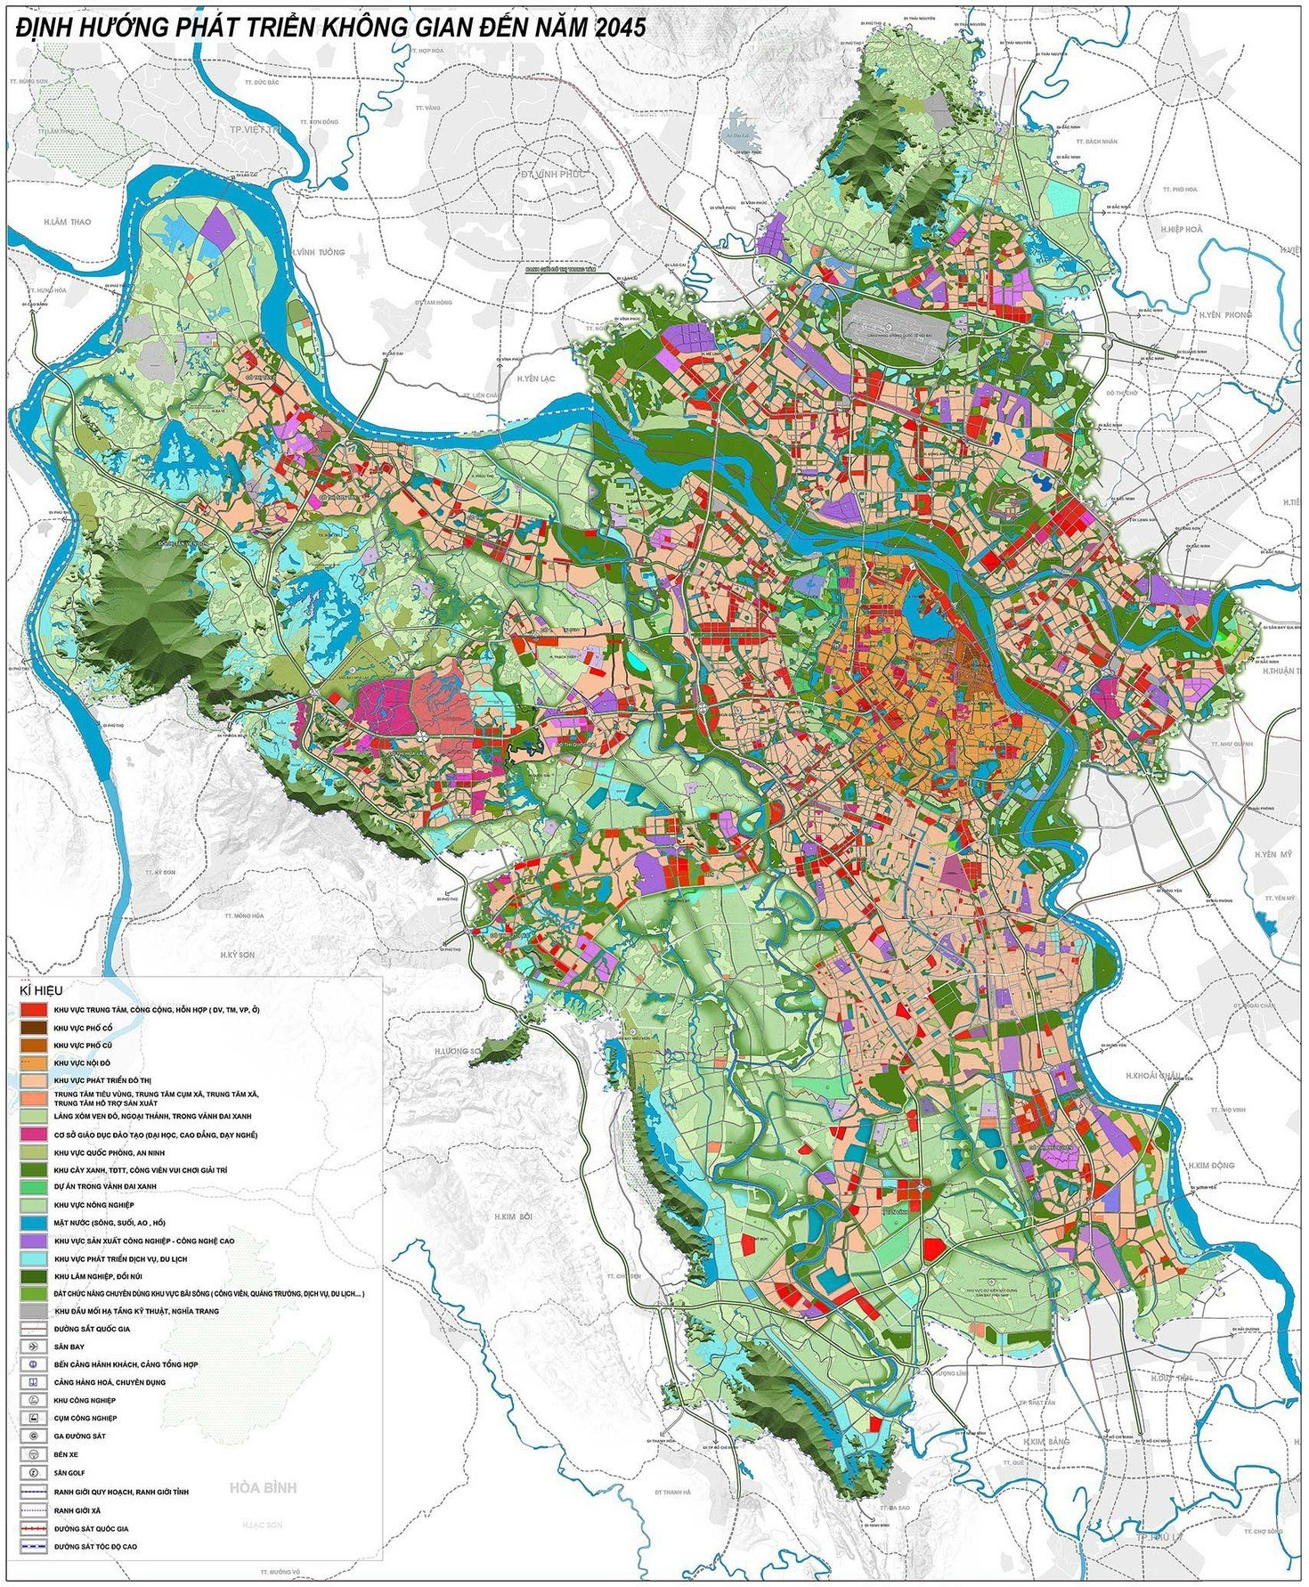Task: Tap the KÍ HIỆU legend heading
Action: coord(34,989)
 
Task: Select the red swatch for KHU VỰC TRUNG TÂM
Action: coord(33,1010)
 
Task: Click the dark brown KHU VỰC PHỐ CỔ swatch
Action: coord(33,1028)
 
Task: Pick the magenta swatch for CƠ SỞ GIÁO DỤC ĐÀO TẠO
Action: coord(33,1135)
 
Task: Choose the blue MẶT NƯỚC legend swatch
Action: coord(33,1223)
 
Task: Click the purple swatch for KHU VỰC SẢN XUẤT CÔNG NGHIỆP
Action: coord(33,1241)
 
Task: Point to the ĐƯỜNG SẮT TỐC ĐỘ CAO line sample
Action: coord(33,1547)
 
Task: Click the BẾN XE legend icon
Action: coord(33,1454)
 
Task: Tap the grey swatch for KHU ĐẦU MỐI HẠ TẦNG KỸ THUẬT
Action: coord(33,1312)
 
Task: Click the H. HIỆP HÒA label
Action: coord(1181,229)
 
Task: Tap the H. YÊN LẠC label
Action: coord(535,378)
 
